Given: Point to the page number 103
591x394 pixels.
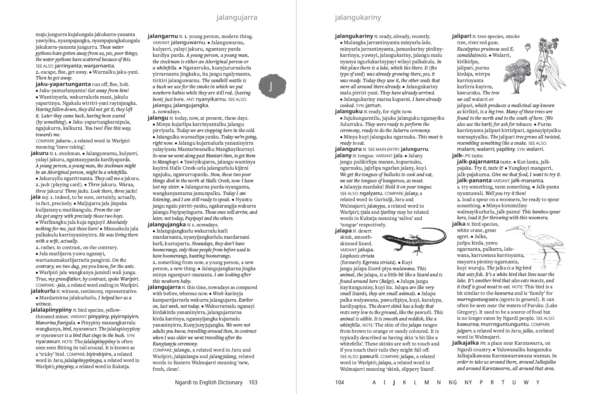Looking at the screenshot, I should [253, 382].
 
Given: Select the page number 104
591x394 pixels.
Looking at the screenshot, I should [339, 382].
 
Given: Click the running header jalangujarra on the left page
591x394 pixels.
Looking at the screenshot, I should [237, 18].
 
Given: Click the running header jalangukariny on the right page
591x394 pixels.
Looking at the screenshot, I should [358, 18].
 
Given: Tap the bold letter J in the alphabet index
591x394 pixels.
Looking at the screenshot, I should [394, 382].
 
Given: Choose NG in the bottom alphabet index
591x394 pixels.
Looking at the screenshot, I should [453, 382].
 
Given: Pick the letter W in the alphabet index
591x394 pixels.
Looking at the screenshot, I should [526, 382].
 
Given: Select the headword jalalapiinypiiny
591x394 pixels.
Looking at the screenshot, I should [51, 310].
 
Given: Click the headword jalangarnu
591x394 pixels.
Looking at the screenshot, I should [163, 36].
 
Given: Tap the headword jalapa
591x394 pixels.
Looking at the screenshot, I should [343, 231].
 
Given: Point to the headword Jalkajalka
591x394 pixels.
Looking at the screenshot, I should [465, 343].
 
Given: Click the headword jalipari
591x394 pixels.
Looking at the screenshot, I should [462, 36].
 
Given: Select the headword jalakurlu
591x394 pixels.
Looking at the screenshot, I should [43, 291].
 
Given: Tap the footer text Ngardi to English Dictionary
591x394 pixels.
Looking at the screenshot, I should [208, 382].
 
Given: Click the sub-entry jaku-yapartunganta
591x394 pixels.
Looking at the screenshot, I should [63, 84].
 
